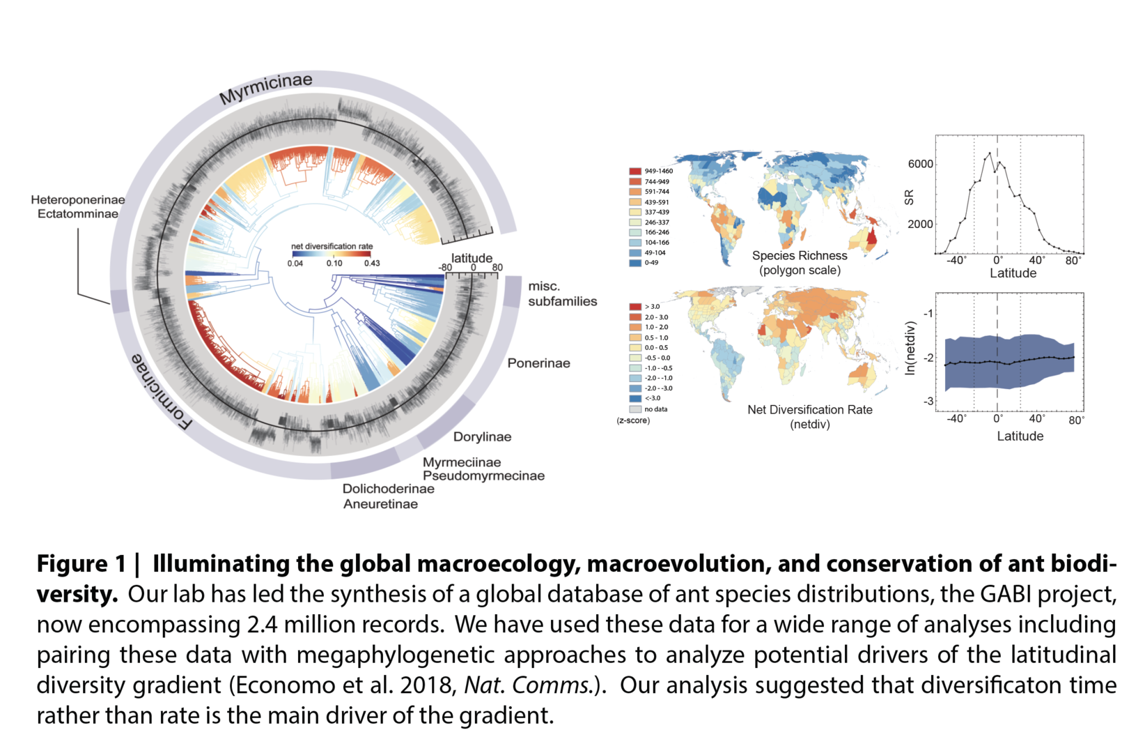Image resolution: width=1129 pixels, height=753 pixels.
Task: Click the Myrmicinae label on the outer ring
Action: point(265,89)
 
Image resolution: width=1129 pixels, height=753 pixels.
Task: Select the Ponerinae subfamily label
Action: point(538,363)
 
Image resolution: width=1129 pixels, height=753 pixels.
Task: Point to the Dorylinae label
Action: point(482,437)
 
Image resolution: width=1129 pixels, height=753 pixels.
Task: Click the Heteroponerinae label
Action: point(78,200)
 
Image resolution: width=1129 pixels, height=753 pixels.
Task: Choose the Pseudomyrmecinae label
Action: point(483,476)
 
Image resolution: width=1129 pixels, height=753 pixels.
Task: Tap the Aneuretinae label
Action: point(380,504)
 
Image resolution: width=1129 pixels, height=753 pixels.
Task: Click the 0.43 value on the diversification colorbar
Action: point(372,264)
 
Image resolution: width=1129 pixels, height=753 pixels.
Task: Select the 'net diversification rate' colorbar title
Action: point(332,246)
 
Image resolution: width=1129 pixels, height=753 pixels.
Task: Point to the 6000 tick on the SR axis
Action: point(920,165)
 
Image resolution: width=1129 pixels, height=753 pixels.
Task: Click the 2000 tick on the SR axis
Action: point(920,225)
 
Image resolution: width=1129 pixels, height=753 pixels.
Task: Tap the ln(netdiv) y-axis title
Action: point(910,348)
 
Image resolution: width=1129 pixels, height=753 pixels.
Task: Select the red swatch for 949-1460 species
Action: point(635,172)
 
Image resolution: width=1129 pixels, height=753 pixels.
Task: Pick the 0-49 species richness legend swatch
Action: point(635,263)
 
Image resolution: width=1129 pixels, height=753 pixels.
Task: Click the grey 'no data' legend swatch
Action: point(635,409)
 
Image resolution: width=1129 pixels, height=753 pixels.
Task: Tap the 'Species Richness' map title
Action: point(800,256)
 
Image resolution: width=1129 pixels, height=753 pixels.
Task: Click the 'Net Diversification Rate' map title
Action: point(809,410)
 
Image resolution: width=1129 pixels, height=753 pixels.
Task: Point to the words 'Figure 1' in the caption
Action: point(81,563)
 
